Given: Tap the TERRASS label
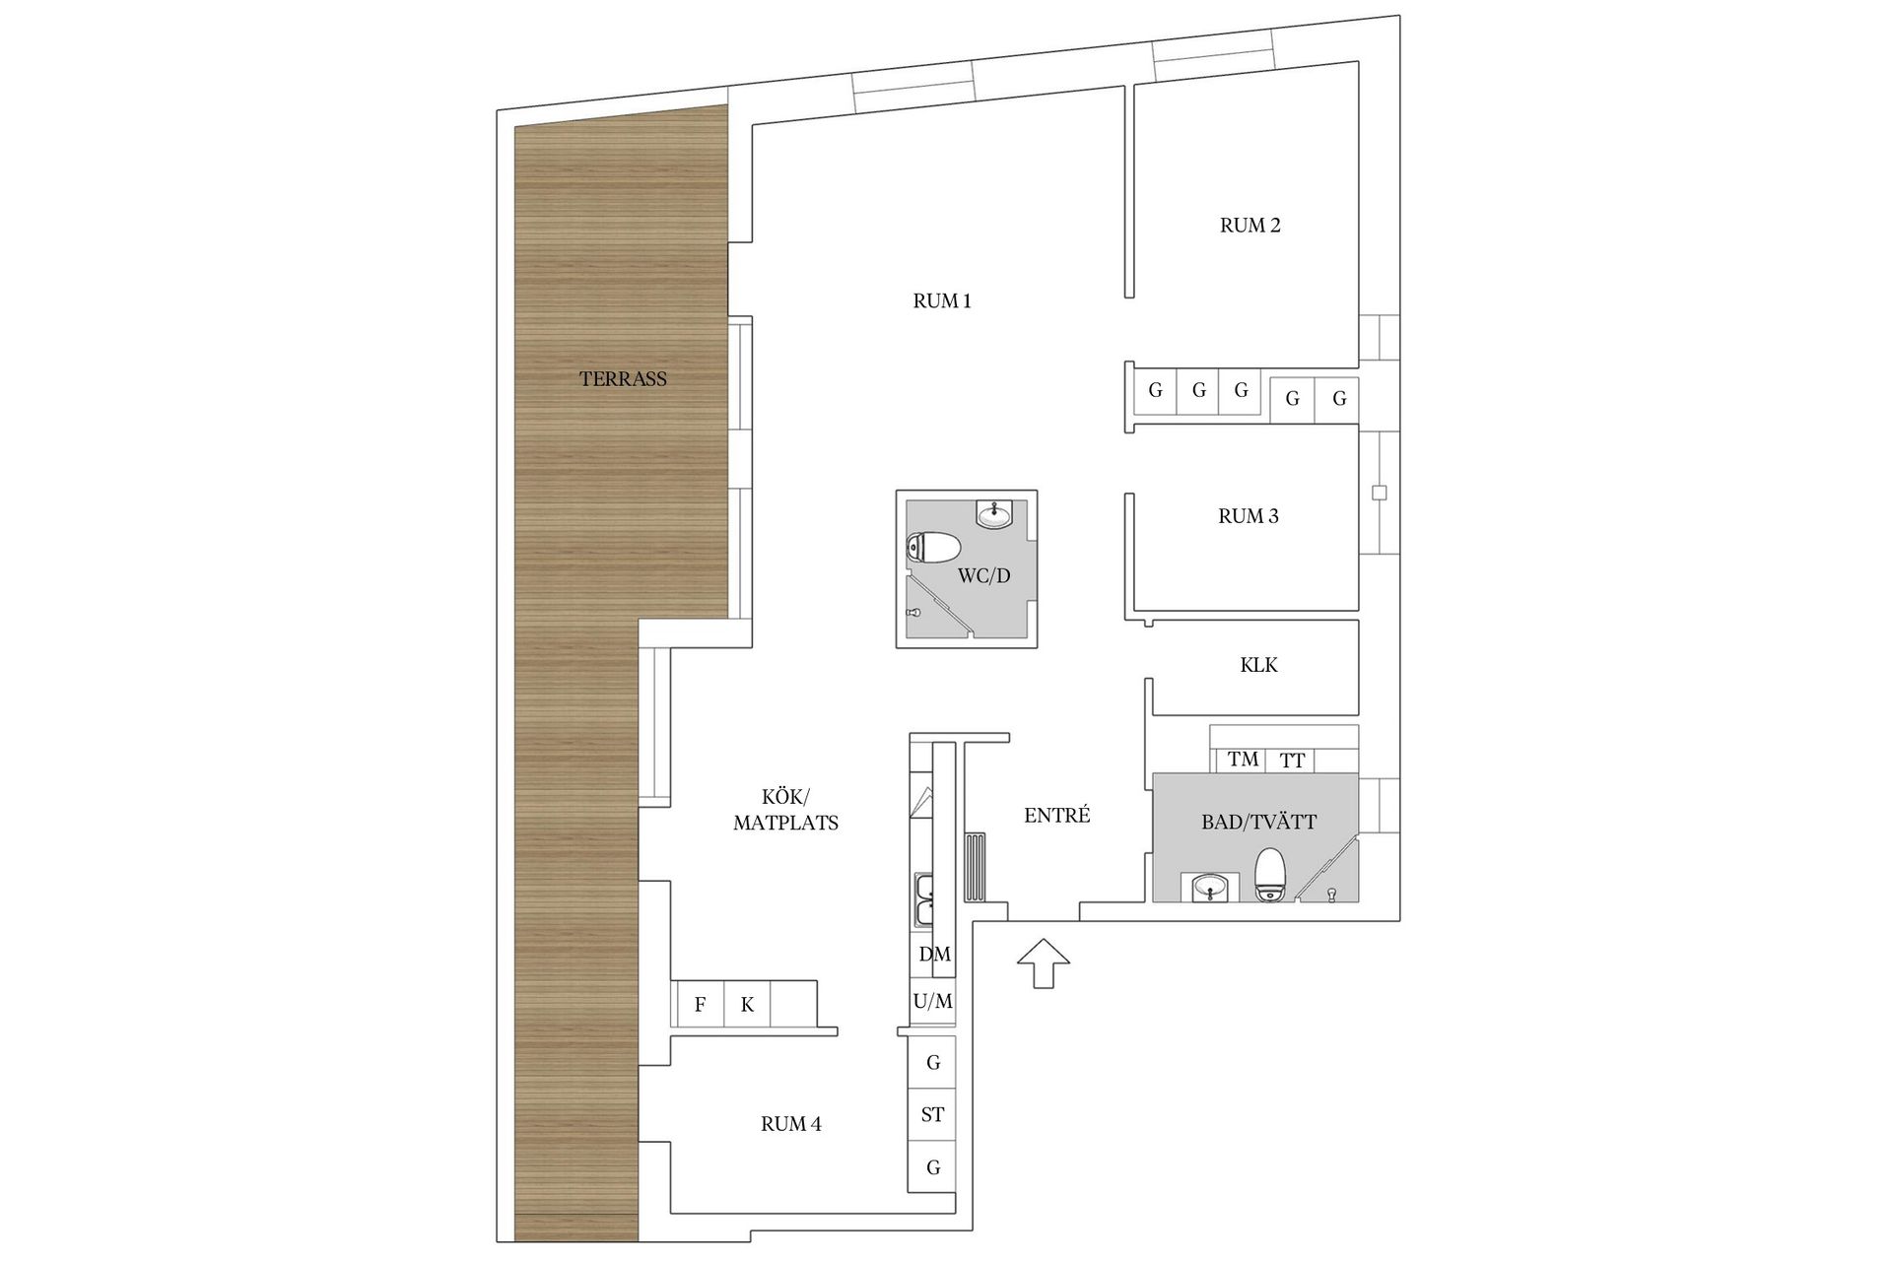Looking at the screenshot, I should click(x=623, y=378).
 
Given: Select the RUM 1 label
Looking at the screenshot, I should click(x=942, y=301).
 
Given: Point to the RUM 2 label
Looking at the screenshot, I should click(x=1250, y=226).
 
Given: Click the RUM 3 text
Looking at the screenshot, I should click(x=1248, y=516).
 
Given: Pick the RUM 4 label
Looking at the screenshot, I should click(x=790, y=1124).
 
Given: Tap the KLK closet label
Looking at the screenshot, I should click(x=1258, y=665).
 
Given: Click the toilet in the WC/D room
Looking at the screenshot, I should click(x=932, y=548).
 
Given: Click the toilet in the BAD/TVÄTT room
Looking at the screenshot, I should click(x=1269, y=877).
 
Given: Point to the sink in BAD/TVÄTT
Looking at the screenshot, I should click(x=1209, y=889).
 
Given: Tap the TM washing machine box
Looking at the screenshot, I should click(x=1244, y=760).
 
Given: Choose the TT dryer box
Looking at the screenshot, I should click(x=1292, y=761).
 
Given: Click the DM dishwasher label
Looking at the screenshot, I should click(x=934, y=954).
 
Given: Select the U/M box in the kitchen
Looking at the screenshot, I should click(x=932, y=1002).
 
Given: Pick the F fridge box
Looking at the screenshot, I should click(x=700, y=1005).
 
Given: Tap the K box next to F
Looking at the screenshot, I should click(x=747, y=1005).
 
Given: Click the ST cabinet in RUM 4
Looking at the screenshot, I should click(x=932, y=1115).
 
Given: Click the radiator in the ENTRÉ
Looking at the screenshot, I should click(x=975, y=867).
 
